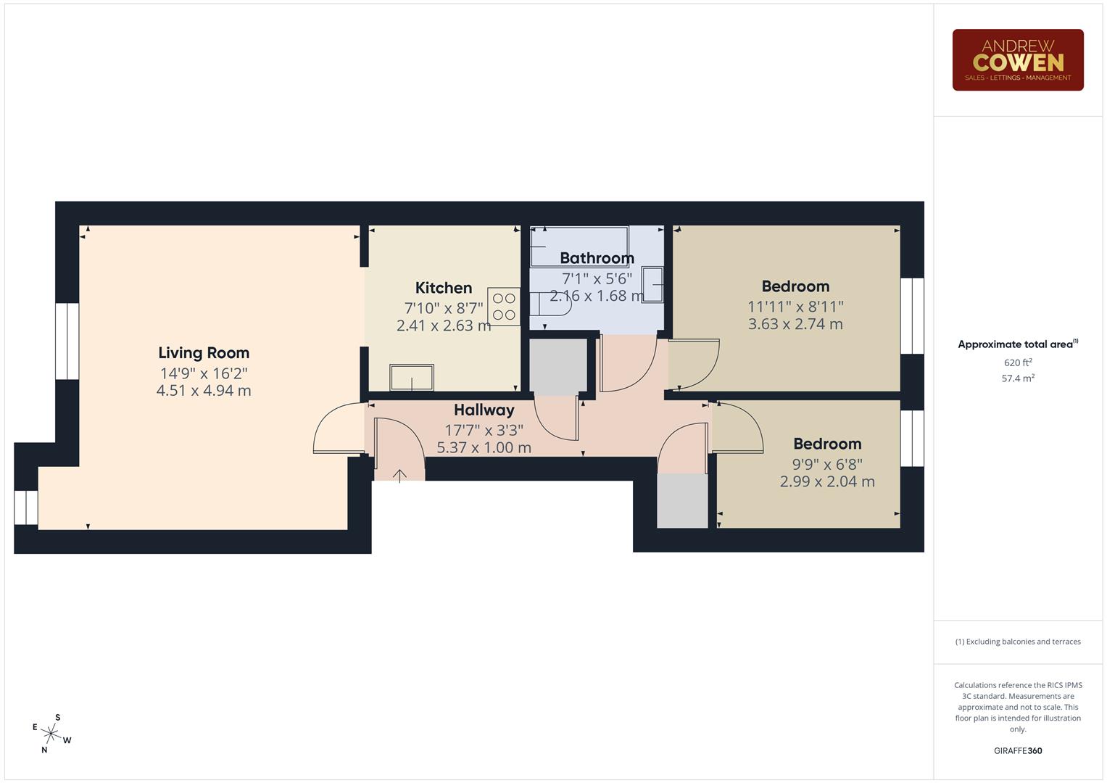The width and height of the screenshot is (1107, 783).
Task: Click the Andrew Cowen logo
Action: (1017, 60)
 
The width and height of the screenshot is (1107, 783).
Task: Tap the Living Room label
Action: (204, 353)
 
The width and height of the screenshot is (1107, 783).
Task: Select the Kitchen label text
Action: (444, 288)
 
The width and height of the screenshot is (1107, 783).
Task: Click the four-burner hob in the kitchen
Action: (504, 306)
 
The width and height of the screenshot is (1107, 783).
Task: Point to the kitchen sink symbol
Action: (412, 378)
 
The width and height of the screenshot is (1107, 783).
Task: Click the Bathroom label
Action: (597, 258)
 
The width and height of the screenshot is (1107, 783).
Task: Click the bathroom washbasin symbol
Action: (652, 285)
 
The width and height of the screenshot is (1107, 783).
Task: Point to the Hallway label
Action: (484, 410)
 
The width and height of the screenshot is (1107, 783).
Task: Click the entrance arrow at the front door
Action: (399, 476)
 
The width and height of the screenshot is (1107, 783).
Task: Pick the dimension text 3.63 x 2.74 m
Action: (795, 324)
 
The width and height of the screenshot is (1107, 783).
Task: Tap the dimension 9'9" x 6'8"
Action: (827, 464)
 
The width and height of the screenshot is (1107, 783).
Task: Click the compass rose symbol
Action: (51, 733)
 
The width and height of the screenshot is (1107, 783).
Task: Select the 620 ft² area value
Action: (1018, 362)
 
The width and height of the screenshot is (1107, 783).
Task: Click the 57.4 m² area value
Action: (1018, 378)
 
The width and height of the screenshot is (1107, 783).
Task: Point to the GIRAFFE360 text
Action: (1018, 751)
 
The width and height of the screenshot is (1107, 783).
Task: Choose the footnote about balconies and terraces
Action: (1018, 642)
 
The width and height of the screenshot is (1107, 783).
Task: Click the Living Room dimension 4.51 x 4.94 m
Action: (204, 391)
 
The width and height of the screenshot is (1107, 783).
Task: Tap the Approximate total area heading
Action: (1017, 344)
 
